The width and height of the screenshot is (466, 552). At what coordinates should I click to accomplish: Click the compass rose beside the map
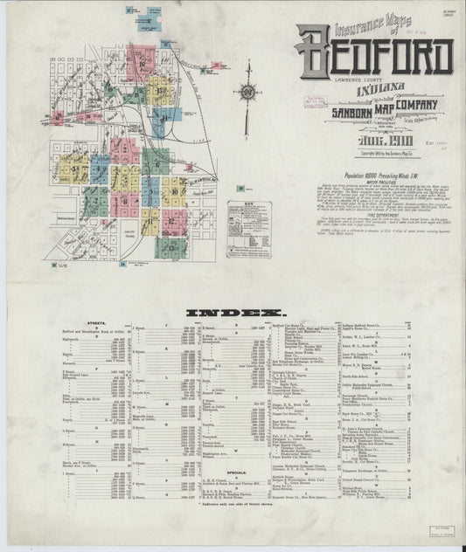click(247, 93)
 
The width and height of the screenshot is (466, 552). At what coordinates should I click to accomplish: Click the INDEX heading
click(233, 312)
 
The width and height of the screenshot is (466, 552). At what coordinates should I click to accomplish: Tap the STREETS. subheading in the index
click(86, 325)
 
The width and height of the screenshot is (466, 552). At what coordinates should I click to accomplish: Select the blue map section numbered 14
click(163, 118)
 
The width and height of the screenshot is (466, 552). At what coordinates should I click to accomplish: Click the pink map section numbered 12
click(173, 224)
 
